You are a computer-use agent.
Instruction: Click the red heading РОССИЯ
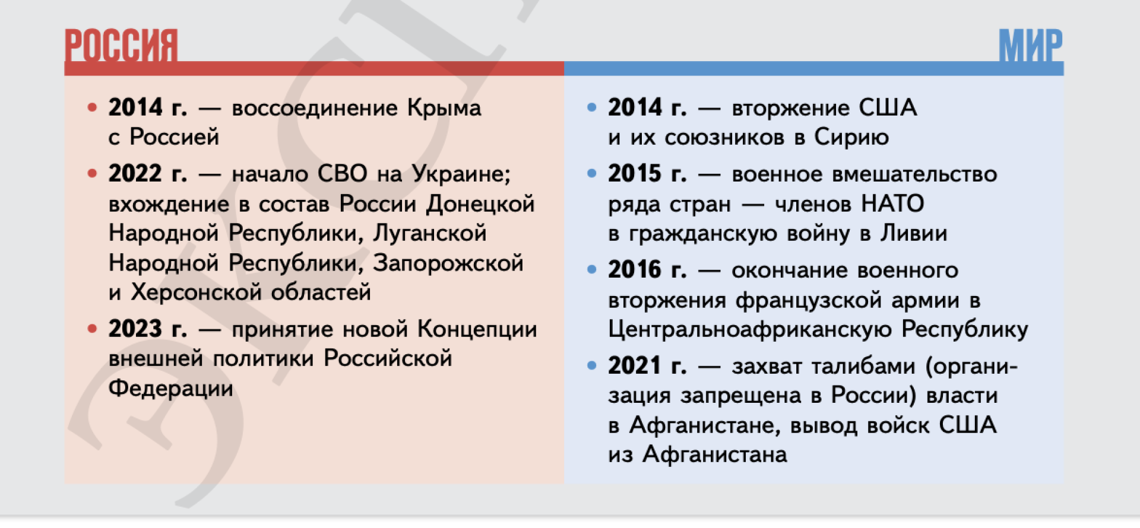pos(121,45)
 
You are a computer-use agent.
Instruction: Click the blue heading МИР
pos(1030,45)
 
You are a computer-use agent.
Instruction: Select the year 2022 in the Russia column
pos(135,174)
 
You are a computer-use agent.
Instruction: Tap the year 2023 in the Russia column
pos(135,329)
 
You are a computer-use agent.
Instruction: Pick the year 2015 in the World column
pos(635,174)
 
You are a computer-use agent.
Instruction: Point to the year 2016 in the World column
pos(635,270)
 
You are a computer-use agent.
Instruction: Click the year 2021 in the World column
pos(635,366)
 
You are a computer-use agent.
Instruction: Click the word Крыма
pos(444,108)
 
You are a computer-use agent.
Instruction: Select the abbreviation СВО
pos(343,174)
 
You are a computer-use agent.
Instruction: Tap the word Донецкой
pos(481,204)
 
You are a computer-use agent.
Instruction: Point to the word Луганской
pos(430,233)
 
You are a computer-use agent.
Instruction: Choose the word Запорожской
pos(448,263)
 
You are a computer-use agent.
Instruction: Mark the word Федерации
pos(171,389)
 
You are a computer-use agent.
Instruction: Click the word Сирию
pos(851,137)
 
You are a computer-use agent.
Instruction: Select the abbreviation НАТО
pos(892,204)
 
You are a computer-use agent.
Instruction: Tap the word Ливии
pos(914,233)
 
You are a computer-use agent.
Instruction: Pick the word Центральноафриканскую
pos(750,330)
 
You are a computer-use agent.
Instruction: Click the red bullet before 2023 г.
pos(92,329)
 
